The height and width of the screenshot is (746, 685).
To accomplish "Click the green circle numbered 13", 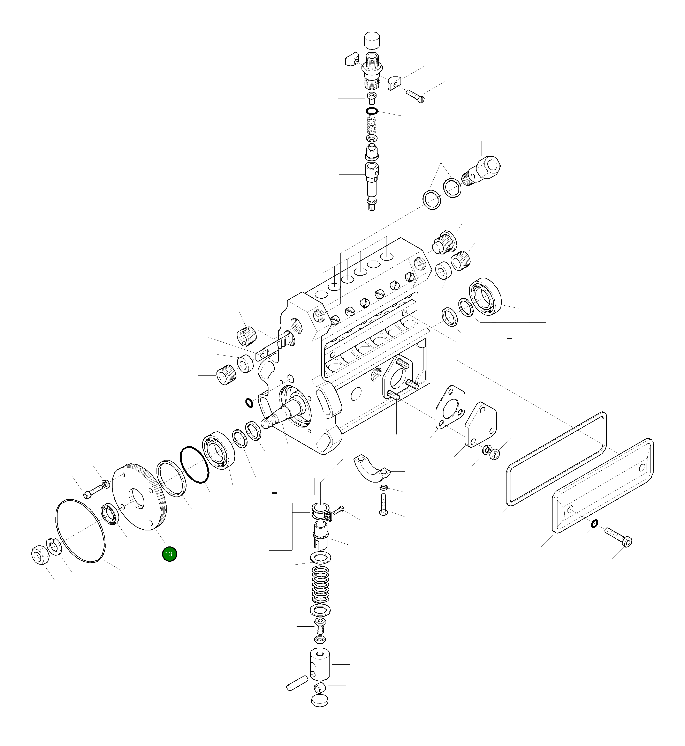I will [169, 554].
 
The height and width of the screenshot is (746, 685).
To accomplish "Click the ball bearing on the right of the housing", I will [486, 297].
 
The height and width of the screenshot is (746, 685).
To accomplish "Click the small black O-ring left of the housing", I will [250, 403].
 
